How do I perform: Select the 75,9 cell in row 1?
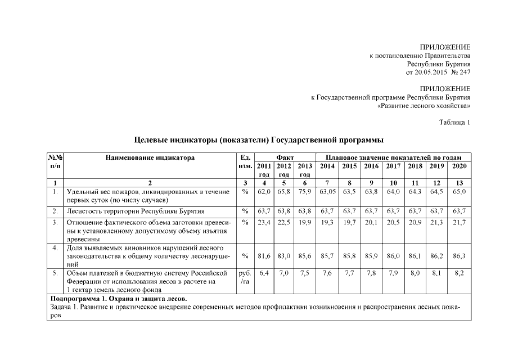(x=304, y=192)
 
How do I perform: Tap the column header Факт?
(x=284, y=158)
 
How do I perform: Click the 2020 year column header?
(x=459, y=166)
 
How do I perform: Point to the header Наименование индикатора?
(x=150, y=158)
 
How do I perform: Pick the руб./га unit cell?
(x=245, y=277)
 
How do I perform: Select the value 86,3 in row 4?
(x=459, y=256)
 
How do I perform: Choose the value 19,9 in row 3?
(x=304, y=223)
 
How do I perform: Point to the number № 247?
(x=460, y=73)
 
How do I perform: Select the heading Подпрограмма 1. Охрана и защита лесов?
(x=119, y=298)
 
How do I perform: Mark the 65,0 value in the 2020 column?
(x=459, y=192)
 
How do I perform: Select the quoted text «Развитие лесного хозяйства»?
(x=424, y=106)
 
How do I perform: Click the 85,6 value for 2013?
(x=304, y=256)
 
